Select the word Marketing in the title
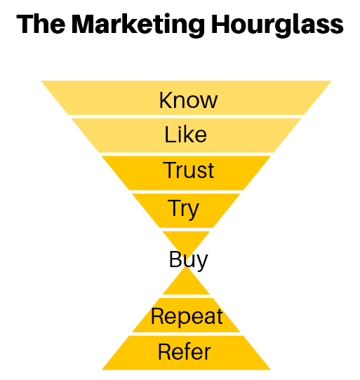click(140, 27)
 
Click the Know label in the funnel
click(188, 100)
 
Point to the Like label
click(186, 134)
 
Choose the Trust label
click(189, 170)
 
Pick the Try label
click(183, 208)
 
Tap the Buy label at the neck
click(188, 260)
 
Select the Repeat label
click(187, 316)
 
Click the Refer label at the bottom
click(185, 351)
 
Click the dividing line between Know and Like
click(187, 116)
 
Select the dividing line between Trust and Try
click(187, 191)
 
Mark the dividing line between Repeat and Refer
click(187, 333)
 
